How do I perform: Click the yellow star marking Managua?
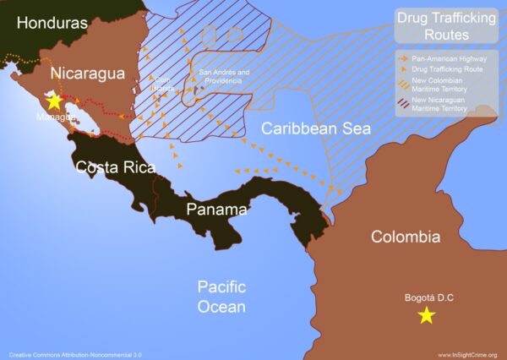[54, 101]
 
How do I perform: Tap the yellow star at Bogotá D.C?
[427, 315]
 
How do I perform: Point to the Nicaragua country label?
[88, 74]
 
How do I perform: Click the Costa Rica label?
[116, 167]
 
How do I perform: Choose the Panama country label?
[217, 210]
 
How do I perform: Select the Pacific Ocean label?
[221, 296]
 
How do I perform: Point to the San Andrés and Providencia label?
[223, 76]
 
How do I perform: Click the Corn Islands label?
[162, 83]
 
